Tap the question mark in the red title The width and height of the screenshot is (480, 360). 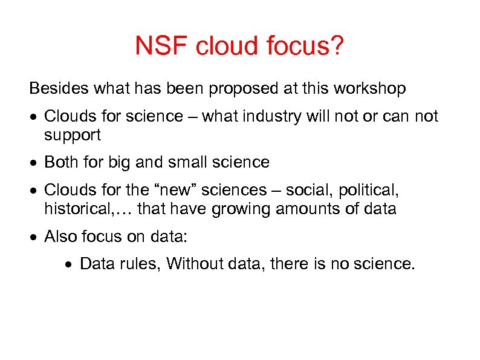point(337,47)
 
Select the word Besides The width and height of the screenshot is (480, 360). point(59,89)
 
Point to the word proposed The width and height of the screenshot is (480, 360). point(244,89)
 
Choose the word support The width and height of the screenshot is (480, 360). point(73,136)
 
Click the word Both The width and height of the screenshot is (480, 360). point(60,163)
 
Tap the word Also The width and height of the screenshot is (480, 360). point(60,237)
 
